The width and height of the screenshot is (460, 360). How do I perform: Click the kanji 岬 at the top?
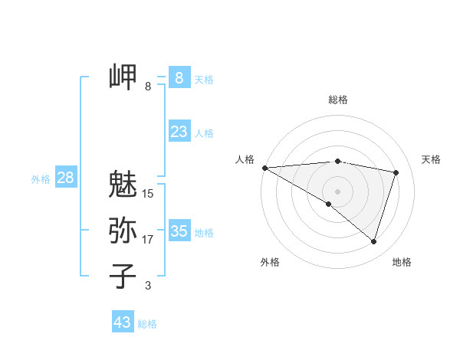coord(123,77)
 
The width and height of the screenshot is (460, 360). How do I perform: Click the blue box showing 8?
coord(179,77)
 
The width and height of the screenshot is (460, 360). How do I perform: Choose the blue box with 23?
coord(179,132)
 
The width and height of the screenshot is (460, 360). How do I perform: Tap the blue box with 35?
coord(179,231)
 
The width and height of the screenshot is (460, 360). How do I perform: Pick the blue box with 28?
coord(65,178)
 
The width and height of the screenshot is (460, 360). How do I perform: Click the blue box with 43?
coord(123,322)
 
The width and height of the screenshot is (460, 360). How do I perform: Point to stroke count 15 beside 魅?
coord(148,194)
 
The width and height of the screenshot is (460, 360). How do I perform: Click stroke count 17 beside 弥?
coord(148,240)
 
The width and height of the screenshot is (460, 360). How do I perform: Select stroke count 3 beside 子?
coord(148,286)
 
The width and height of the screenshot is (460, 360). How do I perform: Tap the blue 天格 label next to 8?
coord(204,80)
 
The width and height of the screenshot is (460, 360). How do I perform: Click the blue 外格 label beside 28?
coord(41,179)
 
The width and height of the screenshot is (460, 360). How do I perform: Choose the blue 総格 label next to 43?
coord(147,324)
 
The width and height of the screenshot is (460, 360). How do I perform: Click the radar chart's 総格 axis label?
coord(337,100)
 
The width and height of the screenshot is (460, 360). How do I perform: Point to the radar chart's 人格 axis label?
coord(245,159)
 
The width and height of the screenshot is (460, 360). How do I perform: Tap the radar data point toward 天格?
coord(396,172)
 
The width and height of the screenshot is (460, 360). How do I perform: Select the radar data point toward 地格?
coord(373,241)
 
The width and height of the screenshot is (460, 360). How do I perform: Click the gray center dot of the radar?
coord(337,191)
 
